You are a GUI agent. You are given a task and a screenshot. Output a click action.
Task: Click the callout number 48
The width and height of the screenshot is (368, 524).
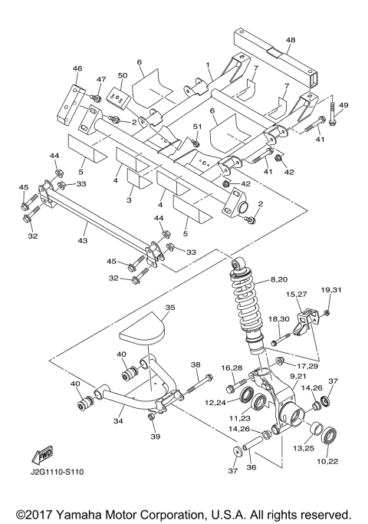click(x=291, y=40)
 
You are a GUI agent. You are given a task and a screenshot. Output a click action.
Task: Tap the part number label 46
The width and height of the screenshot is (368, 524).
click(x=77, y=69)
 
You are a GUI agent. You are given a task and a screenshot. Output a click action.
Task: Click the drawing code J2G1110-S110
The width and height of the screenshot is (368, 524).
click(x=58, y=472)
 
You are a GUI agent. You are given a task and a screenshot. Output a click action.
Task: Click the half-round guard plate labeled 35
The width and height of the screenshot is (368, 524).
click(x=145, y=331)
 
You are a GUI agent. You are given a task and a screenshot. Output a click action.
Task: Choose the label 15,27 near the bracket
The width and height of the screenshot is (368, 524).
click(x=297, y=294)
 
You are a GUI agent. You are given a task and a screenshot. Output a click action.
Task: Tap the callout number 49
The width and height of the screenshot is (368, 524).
click(x=343, y=105)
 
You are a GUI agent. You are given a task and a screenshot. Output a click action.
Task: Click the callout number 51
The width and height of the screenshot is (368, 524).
click(x=197, y=127)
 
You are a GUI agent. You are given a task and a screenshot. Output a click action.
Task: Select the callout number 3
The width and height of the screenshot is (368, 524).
click(x=130, y=199)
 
